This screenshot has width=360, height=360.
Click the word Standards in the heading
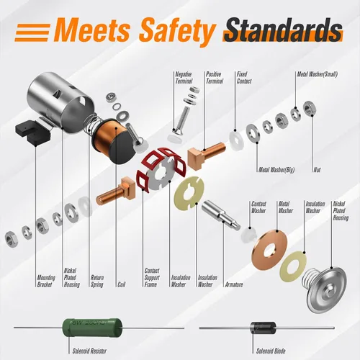point(283,31)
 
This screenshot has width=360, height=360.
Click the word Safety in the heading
point(177,32)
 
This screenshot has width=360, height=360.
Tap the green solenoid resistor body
point(91,328)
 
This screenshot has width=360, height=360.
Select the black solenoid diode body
point(264,328)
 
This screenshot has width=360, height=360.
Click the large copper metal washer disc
point(270,250)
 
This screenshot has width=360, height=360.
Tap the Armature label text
point(234,284)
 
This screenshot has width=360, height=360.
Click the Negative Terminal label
point(184,78)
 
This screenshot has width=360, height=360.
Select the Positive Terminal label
point(215,78)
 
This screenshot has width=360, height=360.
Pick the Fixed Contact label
point(244,78)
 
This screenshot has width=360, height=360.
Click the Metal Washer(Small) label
point(318,74)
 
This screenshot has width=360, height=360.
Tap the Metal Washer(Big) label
point(276,170)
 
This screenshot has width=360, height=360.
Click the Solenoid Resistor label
point(89,351)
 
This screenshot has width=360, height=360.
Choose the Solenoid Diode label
point(271,351)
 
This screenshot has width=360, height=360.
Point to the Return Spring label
point(97,282)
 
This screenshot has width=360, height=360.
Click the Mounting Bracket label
point(46,282)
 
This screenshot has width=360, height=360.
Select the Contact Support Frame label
point(152,278)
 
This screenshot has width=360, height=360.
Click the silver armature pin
point(221,215)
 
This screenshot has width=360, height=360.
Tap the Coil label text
point(122,284)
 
